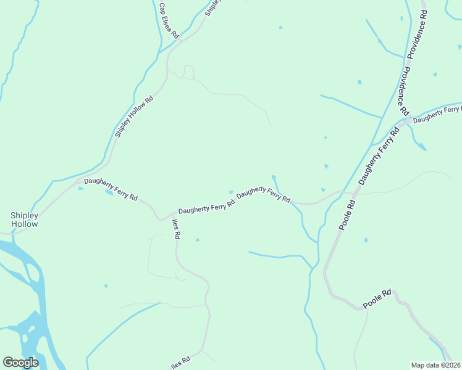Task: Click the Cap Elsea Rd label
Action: [168, 20]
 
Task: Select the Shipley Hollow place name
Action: [24, 220]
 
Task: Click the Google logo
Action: [20, 363]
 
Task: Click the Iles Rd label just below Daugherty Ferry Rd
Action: [176, 229]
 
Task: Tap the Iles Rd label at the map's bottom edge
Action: [181, 360]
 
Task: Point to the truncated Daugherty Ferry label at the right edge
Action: [437, 115]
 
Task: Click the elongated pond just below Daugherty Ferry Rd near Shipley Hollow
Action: [109, 192]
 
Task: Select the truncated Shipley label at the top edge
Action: [212, 7]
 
